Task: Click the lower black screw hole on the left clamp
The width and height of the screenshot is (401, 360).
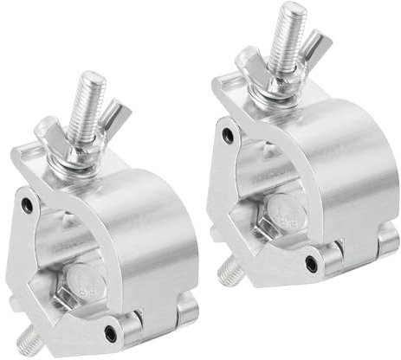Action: click(x=110, y=331)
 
